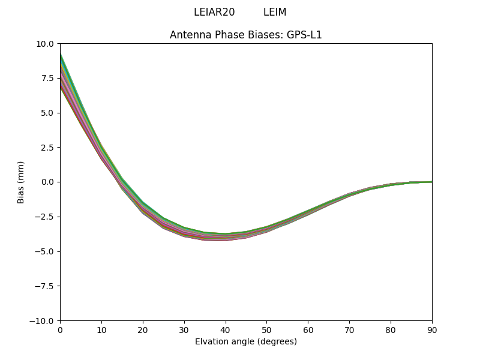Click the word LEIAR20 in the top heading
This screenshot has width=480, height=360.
pos(214,13)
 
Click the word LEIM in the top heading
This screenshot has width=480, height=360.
pos(275,13)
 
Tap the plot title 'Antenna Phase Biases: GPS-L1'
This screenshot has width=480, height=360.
pos(246,35)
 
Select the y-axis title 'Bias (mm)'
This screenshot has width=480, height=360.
pos(21,182)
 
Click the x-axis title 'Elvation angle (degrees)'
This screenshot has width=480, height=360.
pos(246,342)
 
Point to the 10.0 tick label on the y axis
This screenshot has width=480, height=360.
pos(46,44)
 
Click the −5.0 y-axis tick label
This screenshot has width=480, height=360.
pos(45,251)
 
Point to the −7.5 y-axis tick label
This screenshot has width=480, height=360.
pos(45,286)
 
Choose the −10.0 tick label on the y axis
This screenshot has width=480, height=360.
pos(43,321)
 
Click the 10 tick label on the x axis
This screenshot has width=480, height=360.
pos(101,330)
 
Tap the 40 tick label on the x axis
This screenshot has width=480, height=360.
pos(226,330)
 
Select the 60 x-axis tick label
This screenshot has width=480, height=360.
pos(308,330)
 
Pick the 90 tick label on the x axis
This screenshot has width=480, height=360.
pos(432,330)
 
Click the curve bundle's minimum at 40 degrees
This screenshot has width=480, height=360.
pos(226,237)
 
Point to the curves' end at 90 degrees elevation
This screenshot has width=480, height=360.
pos(431,182)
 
